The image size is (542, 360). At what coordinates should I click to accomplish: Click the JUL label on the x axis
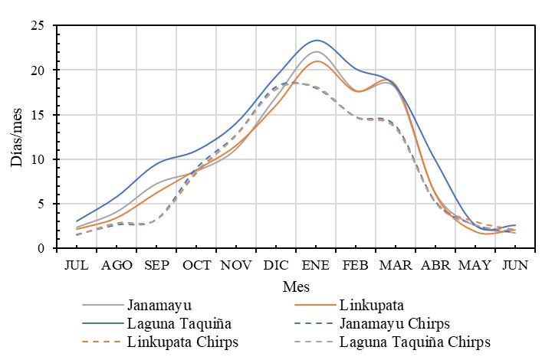[77, 265]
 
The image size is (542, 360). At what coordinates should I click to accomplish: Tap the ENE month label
[316, 265]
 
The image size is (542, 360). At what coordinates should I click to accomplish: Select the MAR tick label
[396, 265]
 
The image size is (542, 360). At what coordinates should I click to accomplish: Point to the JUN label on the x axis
[515, 265]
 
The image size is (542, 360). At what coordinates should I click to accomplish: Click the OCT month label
[196, 265]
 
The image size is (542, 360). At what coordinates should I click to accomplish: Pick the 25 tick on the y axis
[37, 26]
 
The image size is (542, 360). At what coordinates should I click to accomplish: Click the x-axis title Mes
[296, 285]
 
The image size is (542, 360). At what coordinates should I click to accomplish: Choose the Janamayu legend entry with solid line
[159, 305]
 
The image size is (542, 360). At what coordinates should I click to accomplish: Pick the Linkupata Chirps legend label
[184, 342]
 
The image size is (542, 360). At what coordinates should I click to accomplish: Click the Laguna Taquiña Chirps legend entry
[415, 342]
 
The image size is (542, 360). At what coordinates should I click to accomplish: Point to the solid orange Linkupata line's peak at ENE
[317, 61]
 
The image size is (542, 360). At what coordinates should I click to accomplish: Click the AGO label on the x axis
[117, 265]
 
